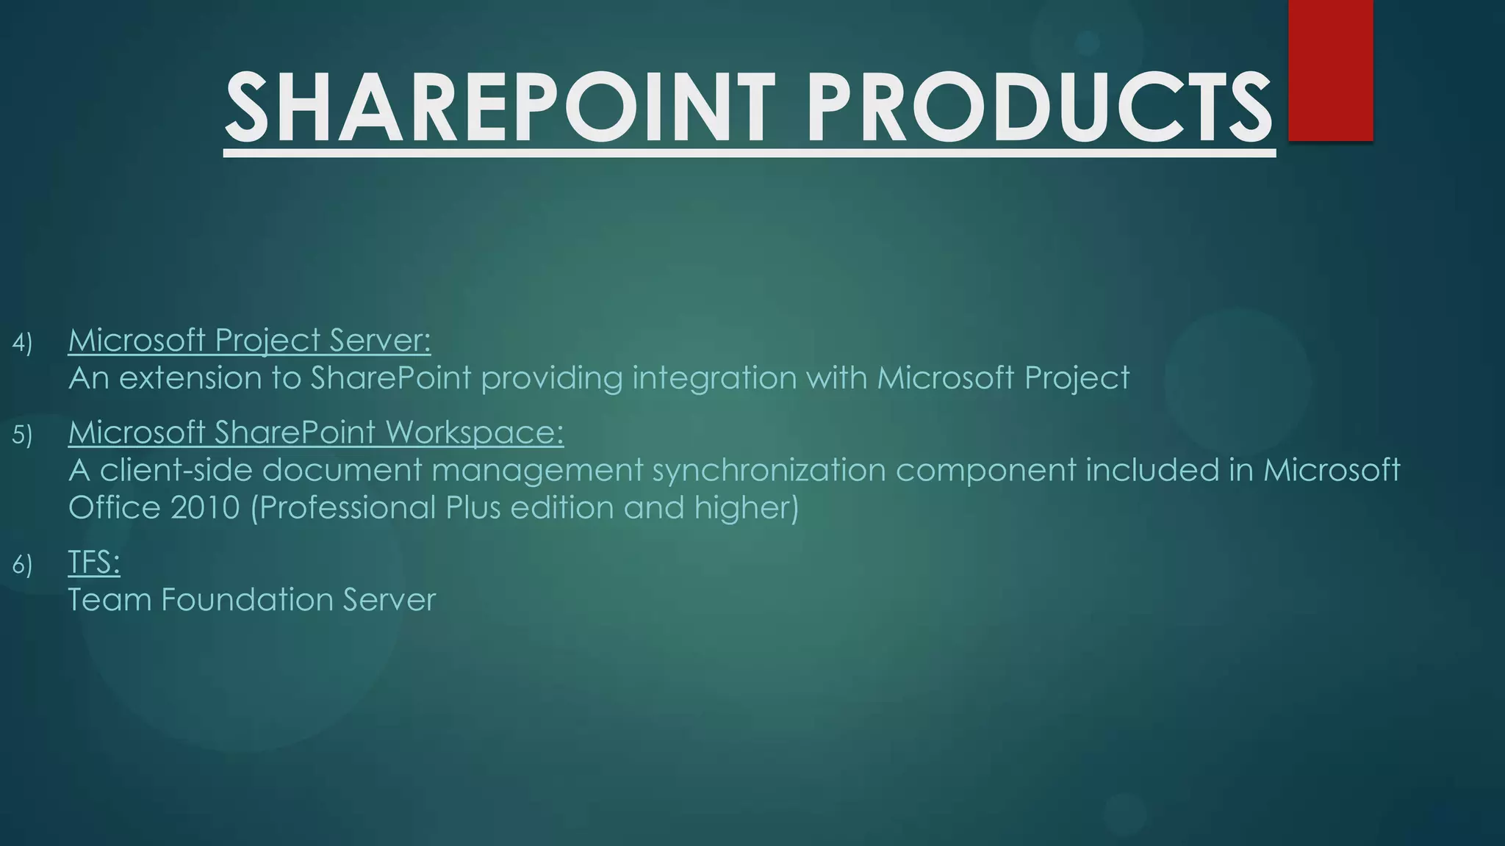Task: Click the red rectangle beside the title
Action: pyautogui.click(x=1331, y=70)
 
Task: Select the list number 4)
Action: pyautogui.click(x=22, y=343)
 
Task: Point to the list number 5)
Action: pyautogui.click(x=22, y=435)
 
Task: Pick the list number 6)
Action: pyautogui.click(x=22, y=565)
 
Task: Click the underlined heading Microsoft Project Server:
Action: pyautogui.click(x=249, y=340)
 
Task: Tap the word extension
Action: pyautogui.click(x=190, y=378)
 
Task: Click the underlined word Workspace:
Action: pyautogui.click(x=475, y=433)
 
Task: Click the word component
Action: pyautogui.click(x=985, y=471)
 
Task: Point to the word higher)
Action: pyautogui.click(x=747, y=508)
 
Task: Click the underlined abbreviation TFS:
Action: pyautogui.click(x=94, y=563)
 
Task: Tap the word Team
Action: pyautogui.click(x=109, y=600)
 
